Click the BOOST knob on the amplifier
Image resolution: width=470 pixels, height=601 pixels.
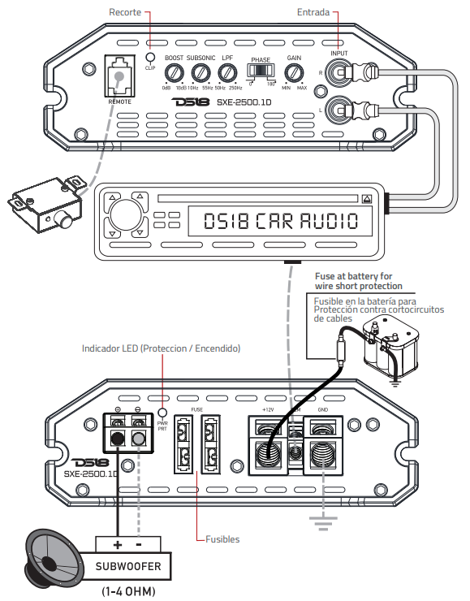[173, 74]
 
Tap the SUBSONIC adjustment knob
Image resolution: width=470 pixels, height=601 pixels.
[201, 74]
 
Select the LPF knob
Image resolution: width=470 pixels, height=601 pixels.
[227, 74]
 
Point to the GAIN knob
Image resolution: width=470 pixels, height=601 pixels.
[294, 74]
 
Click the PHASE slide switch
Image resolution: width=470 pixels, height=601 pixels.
[261, 71]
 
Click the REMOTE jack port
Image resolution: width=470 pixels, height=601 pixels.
[120, 76]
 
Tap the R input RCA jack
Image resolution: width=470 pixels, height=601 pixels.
[339, 72]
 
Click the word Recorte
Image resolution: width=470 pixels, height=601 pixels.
[126, 14]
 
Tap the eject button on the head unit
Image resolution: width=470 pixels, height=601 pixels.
[368, 198]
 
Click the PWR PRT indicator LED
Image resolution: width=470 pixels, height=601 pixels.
[162, 401]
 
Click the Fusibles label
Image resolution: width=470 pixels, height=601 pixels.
[222, 538]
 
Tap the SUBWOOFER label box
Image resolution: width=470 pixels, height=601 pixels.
[134, 566]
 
